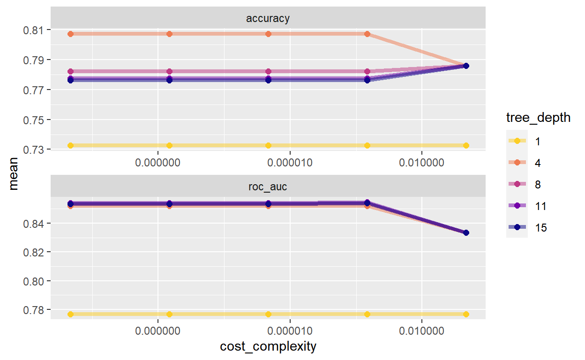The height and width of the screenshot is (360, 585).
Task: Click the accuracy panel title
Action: [x=268, y=19]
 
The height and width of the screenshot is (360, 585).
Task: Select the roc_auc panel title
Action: [x=268, y=187]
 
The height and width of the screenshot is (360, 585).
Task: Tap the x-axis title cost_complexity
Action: [x=268, y=347]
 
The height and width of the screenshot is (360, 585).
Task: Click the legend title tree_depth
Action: [x=538, y=118]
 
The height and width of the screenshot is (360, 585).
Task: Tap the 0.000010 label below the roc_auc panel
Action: [x=290, y=331]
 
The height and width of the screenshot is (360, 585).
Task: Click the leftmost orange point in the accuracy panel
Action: [x=70, y=34]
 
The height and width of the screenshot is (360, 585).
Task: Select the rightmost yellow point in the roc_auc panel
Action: [x=466, y=314]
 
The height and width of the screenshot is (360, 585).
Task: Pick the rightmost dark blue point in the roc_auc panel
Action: [x=466, y=232]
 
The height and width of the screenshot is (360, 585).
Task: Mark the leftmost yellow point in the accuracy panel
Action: [x=70, y=145]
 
